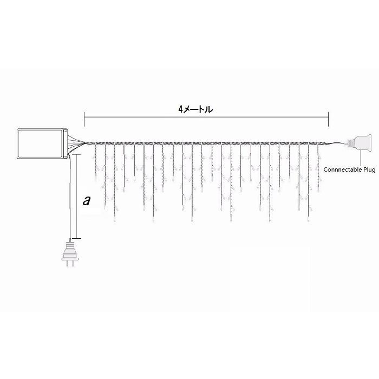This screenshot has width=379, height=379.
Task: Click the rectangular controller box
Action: [x=42, y=143]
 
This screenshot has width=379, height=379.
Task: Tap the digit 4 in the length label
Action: [x=180, y=110]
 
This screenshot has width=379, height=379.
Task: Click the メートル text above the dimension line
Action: [x=198, y=110]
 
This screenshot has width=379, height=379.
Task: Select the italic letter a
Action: [x=87, y=200]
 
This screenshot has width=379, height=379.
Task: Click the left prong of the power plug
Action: [x=67, y=264]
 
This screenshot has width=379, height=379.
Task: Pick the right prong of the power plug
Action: [x=73, y=264]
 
